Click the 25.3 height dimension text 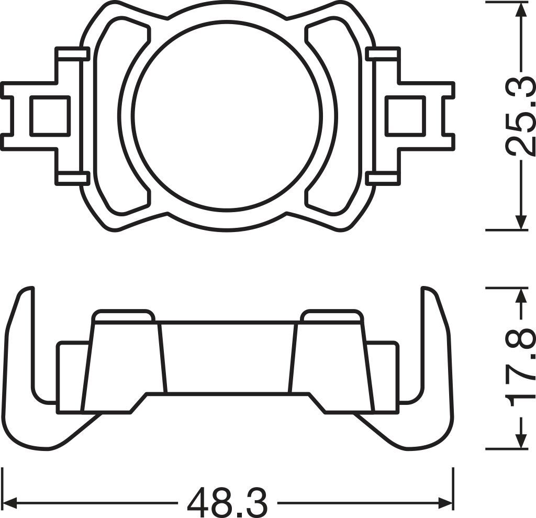point(521,117)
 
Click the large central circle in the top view point(227,116)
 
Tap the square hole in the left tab point(50,116)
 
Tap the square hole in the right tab point(405,116)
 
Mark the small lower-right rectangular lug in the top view point(383,179)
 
